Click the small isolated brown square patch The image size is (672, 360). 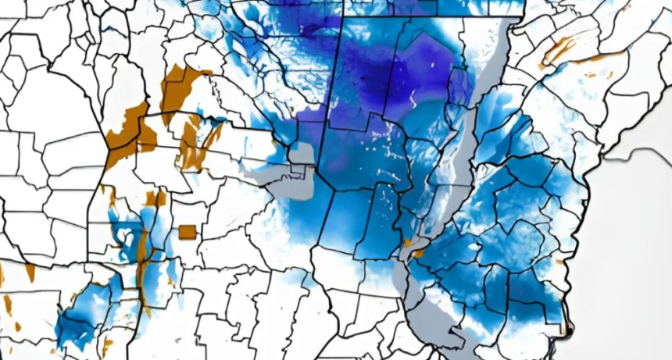187,232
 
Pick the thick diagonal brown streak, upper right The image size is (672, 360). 559,50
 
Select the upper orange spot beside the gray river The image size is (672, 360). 406,243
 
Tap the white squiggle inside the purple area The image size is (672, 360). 412,98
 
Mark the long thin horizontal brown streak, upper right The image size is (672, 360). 606,56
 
